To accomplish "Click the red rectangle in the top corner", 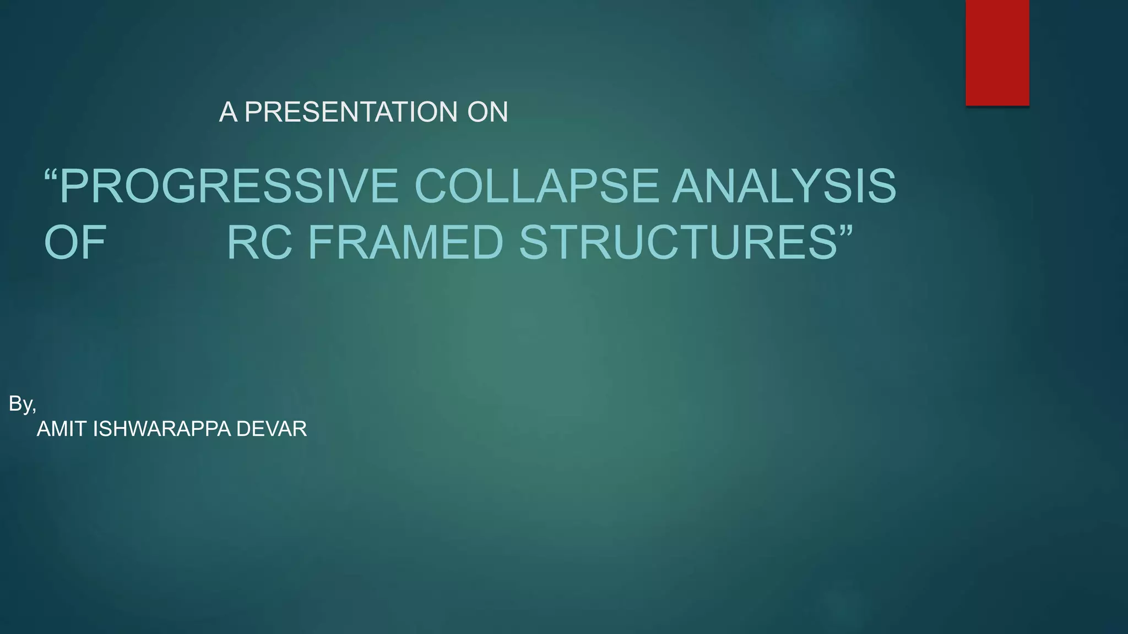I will point(997,52).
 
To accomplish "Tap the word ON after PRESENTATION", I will point(487,112).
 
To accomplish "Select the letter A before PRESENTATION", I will point(228,112).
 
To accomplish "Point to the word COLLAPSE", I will point(535,186).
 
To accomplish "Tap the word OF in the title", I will point(75,243).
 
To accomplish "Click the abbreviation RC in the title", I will point(259,243).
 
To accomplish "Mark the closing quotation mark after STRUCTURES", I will point(845,230).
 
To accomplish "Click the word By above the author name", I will point(20,404).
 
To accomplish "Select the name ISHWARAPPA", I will point(162,429).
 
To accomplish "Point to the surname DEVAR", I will point(272,429).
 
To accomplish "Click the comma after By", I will point(34,409).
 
